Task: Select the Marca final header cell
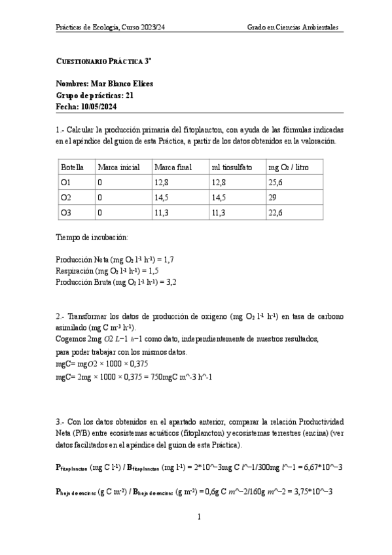[173, 167]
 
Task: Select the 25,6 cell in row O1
[277, 182]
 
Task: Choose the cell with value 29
[273, 196]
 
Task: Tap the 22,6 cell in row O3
[277, 212]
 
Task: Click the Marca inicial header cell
[118, 167]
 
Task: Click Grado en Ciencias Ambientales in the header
[293, 27]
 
